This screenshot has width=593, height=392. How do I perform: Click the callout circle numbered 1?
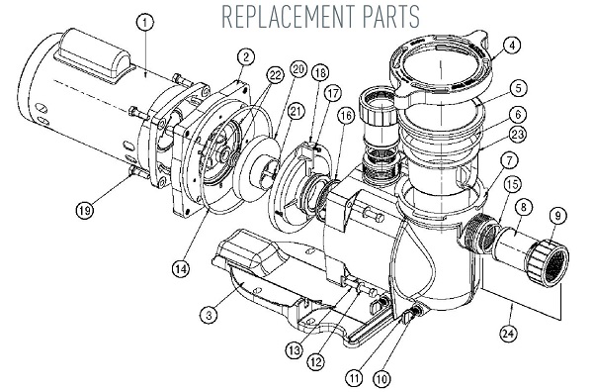pos(145,23)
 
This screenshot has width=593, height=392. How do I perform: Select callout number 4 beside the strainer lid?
pos(512,46)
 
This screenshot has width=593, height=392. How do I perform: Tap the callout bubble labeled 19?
pos(85,209)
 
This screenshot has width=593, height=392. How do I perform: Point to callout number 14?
pos(181,269)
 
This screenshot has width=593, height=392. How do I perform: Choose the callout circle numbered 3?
pos(209,315)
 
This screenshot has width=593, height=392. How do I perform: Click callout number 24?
pos(509,334)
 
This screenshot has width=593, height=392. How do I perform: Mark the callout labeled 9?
pos(557,216)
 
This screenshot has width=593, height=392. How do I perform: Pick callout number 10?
pos(381,378)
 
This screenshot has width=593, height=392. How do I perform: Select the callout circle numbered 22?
pos(275,75)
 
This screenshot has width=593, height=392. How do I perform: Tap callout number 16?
pos(346,116)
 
